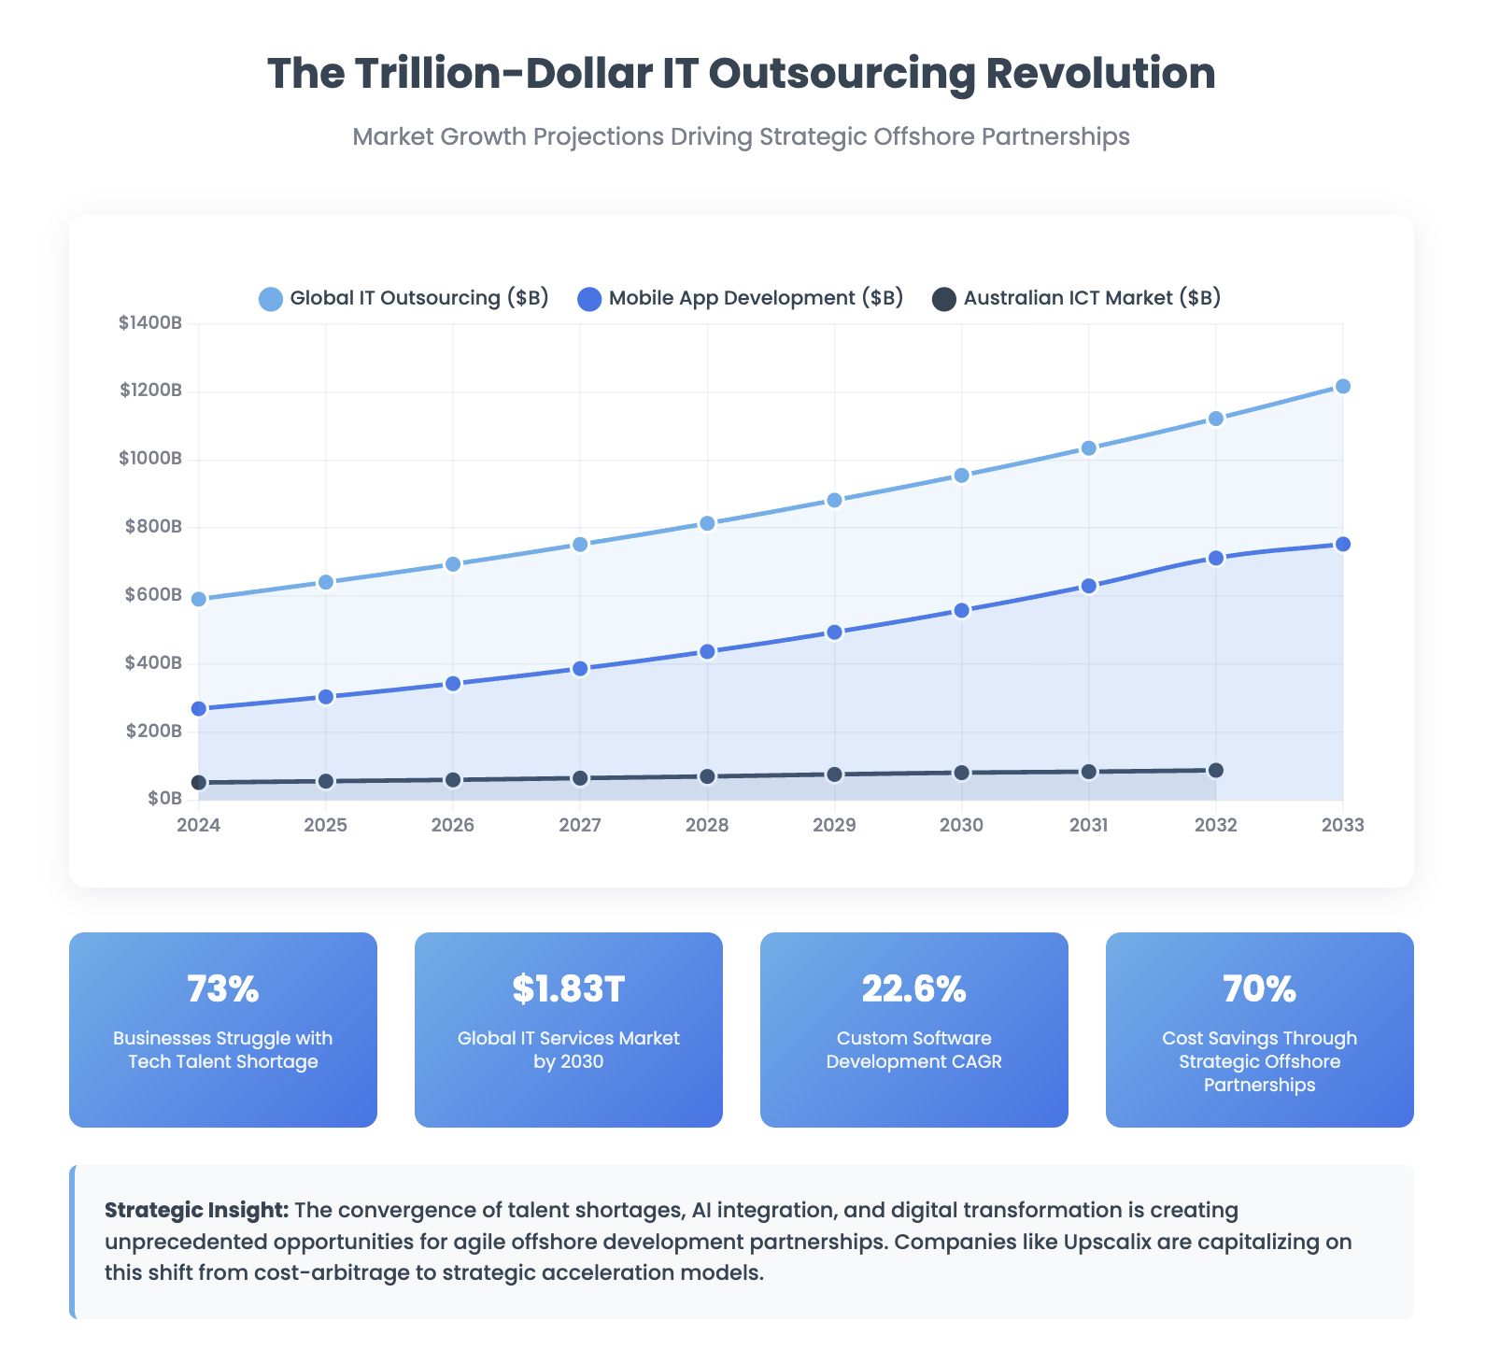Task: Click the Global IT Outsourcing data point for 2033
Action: coord(1342,387)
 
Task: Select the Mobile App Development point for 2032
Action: coord(1215,558)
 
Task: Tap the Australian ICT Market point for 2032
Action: coord(1215,771)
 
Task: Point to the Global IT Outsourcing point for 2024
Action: coord(199,599)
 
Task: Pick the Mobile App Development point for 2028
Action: coord(707,651)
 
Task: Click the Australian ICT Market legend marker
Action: coord(944,299)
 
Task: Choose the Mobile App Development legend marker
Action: coord(589,299)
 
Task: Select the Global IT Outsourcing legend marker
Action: coord(271,299)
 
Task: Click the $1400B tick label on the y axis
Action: coord(150,323)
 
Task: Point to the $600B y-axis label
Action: coord(153,595)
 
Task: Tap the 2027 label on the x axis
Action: coord(580,825)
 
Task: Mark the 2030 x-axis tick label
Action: coord(961,825)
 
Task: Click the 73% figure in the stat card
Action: coord(222,988)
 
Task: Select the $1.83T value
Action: coord(568,988)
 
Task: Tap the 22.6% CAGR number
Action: coord(913,988)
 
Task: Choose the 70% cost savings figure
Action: coord(1259,988)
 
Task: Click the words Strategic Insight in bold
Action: coord(196,1210)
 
